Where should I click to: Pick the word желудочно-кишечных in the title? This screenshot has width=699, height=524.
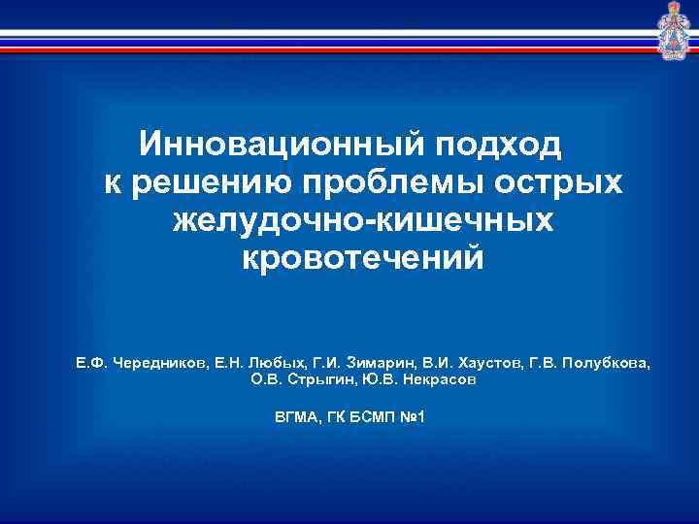tap(363, 222)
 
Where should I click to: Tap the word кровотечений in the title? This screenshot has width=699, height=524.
tap(362, 259)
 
